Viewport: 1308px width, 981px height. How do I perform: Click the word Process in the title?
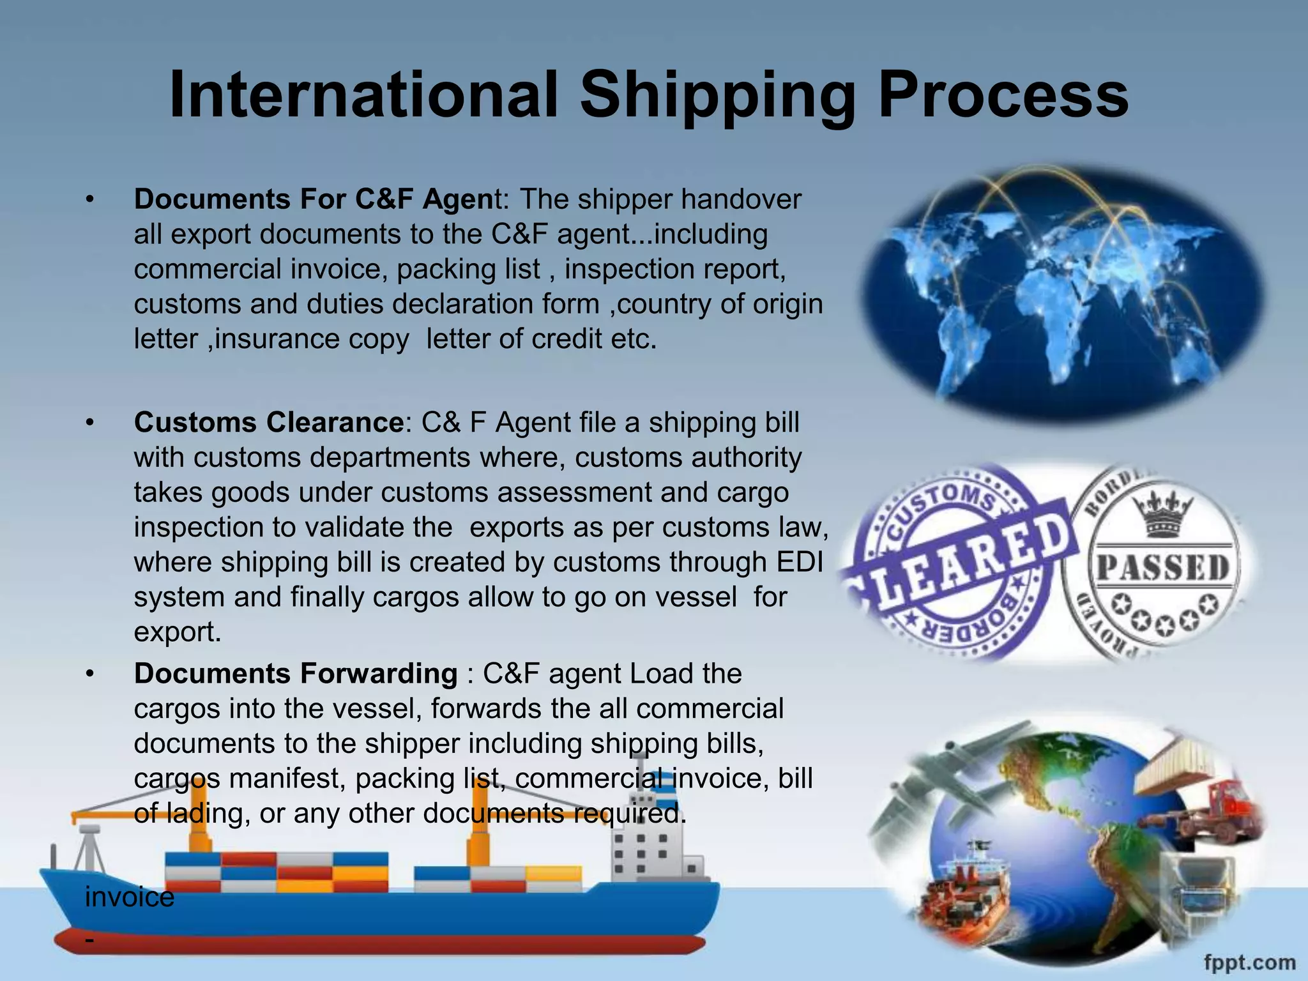(x=1003, y=96)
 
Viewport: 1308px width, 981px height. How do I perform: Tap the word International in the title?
(x=364, y=96)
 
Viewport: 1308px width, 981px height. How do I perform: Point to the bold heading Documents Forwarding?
(x=296, y=674)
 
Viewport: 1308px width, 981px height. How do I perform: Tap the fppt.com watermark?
(x=1249, y=962)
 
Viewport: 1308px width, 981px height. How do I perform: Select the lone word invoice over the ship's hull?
(x=130, y=897)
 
